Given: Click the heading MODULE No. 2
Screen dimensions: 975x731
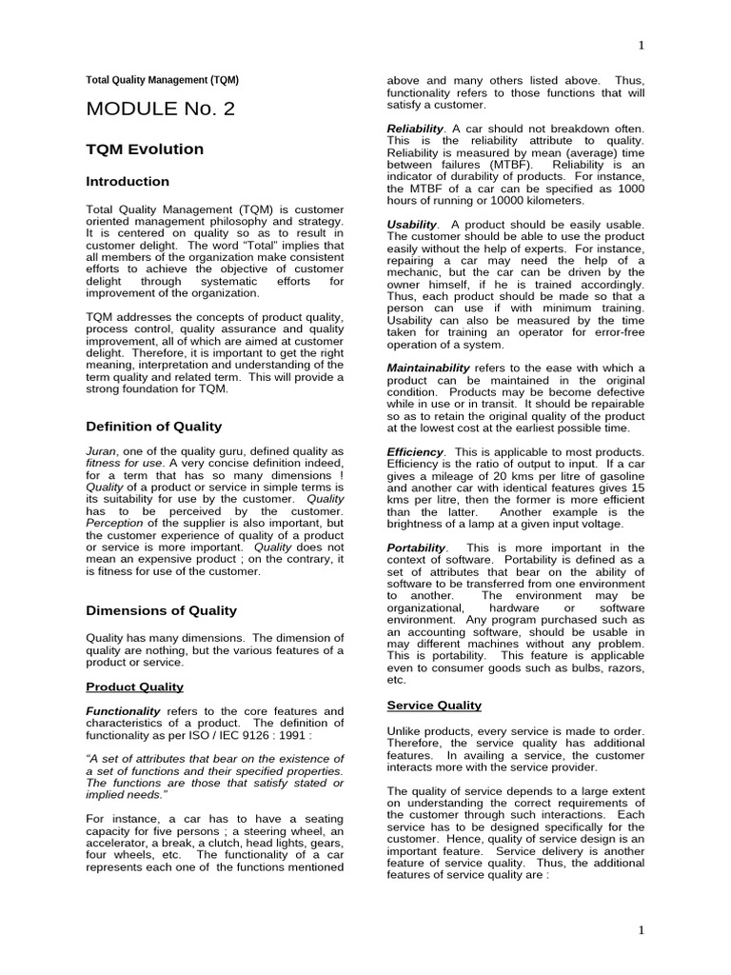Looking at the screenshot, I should pos(160,109).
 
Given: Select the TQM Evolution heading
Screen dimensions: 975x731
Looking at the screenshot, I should pos(145,149).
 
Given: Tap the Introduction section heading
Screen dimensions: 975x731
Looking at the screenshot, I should pos(128,182).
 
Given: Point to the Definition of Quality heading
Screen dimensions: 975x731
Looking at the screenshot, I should pos(154,426).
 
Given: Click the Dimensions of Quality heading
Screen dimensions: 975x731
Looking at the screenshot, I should pos(161,610).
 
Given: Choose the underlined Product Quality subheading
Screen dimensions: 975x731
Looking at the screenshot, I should pos(134,686).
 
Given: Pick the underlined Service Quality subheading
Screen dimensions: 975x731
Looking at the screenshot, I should pos(434,706).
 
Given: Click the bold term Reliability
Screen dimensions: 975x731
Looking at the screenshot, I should pos(415,129).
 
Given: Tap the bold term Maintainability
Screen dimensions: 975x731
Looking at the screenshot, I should pos(428,368).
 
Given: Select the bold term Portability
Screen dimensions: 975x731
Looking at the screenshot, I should pos(416,547).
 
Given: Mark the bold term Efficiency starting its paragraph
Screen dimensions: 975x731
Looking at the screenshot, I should pos(415,451).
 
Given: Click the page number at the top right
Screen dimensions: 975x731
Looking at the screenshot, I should pos(640,45).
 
